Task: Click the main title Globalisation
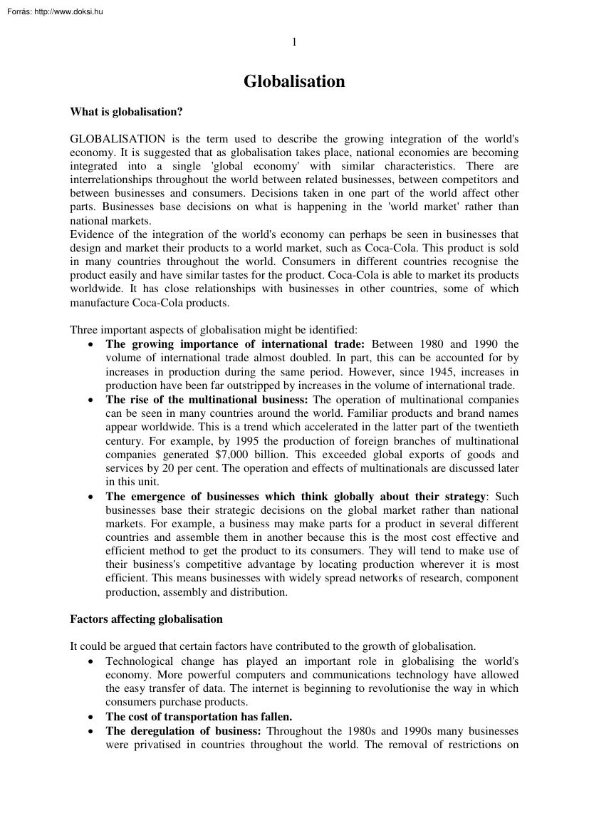pos(294,82)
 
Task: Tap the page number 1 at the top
pos(294,42)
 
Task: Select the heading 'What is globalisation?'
pos(127,112)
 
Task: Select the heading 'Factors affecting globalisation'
pos(146,619)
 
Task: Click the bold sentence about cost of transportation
pos(199,717)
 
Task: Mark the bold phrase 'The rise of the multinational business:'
pos(207,400)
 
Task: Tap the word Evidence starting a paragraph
pos(93,234)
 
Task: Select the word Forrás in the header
pos(14,11)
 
